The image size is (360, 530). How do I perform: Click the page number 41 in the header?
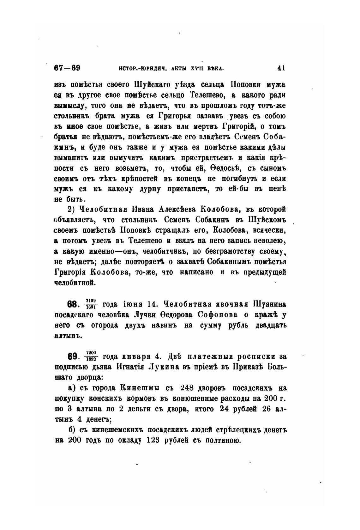tap(281, 68)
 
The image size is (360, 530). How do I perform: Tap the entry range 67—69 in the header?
tap(67, 68)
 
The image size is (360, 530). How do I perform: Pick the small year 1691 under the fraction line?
tap(91, 307)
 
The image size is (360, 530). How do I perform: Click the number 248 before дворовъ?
tap(189, 388)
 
